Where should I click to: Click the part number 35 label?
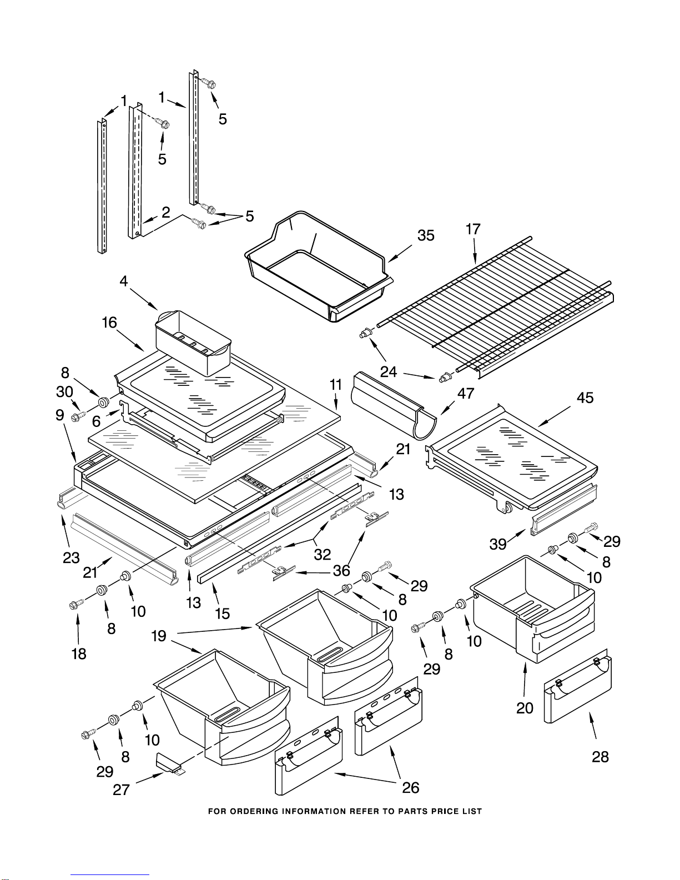426,235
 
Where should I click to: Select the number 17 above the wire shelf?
473,229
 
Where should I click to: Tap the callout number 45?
585,398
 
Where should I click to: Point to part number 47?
466,393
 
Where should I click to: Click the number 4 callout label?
124,281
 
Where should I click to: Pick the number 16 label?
109,323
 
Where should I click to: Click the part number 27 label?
121,790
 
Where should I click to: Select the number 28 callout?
600,756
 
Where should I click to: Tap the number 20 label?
525,708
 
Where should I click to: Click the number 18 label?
79,653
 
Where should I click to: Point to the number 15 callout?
222,613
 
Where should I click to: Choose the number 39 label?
498,544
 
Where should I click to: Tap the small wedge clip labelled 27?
169,763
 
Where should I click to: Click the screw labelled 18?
77,604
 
